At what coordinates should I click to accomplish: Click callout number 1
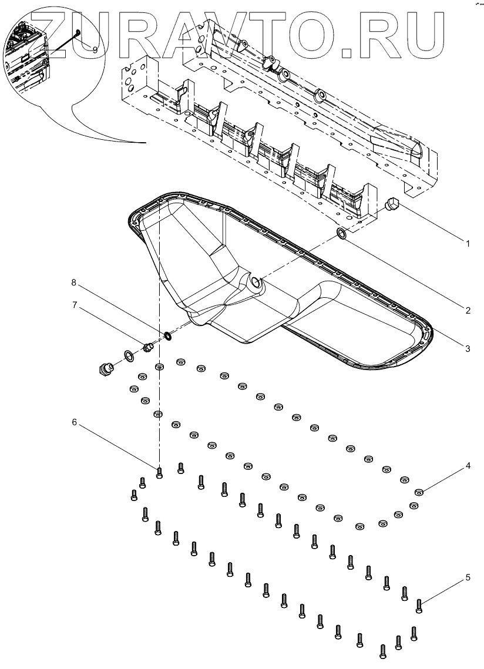468,243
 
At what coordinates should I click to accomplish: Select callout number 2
468,311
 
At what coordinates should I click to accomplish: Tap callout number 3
468,348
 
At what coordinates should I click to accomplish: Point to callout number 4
468,466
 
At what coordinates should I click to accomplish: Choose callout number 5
468,577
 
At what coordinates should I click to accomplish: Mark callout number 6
75,422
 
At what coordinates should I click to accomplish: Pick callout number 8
75,283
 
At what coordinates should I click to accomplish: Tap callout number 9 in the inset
95,50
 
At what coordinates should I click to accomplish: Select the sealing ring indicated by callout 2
342,235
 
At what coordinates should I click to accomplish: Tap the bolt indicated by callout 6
159,472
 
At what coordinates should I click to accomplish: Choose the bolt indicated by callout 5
419,605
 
